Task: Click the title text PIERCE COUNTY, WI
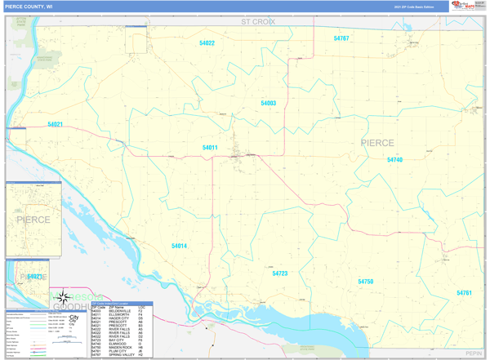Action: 29,6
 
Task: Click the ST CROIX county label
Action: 257,22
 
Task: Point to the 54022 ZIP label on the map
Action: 207,42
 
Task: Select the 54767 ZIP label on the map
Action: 341,38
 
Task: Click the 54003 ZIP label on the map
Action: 268,104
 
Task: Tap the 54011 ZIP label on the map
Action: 210,148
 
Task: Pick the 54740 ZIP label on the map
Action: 394,160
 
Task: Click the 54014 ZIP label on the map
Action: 179,246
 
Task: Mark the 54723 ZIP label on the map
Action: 280,273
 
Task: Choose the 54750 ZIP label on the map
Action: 365,282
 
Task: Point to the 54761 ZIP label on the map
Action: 464,292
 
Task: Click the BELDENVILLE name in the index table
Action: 120,311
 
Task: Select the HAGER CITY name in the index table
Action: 118,318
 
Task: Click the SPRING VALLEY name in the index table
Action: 122,355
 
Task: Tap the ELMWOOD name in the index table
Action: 118,344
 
